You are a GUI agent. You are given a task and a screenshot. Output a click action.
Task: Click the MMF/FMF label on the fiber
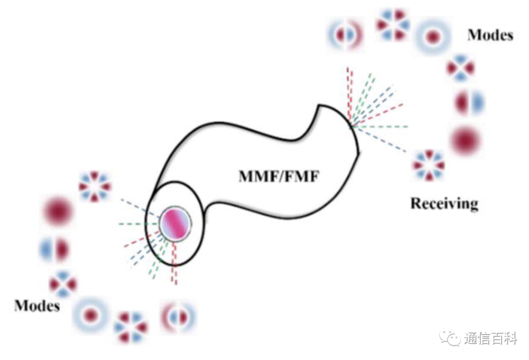click(x=279, y=176)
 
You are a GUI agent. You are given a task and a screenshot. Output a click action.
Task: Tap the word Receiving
click(x=445, y=203)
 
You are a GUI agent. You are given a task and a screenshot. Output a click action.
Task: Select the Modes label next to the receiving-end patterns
click(x=490, y=35)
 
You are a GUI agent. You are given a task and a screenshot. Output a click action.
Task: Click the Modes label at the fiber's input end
click(x=37, y=306)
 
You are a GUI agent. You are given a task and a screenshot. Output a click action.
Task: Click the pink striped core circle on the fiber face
click(x=175, y=224)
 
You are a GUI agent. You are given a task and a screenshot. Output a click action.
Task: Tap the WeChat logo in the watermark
click(x=449, y=338)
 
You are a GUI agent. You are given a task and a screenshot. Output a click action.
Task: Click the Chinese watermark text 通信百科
click(x=491, y=338)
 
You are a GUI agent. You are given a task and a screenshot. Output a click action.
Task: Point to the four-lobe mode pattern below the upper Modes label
click(x=461, y=68)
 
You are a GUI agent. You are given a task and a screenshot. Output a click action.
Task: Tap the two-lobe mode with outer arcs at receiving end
click(x=345, y=35)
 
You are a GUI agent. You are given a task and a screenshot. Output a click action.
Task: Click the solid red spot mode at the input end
click(x=58, y=211)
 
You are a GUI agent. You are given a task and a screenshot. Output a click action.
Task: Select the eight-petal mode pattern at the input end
click(x=95, y=187)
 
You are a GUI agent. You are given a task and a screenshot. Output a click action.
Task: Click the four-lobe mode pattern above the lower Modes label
click(x=63, y=284)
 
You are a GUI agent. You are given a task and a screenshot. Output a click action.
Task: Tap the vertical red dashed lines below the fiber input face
click(x=174, y=263)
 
